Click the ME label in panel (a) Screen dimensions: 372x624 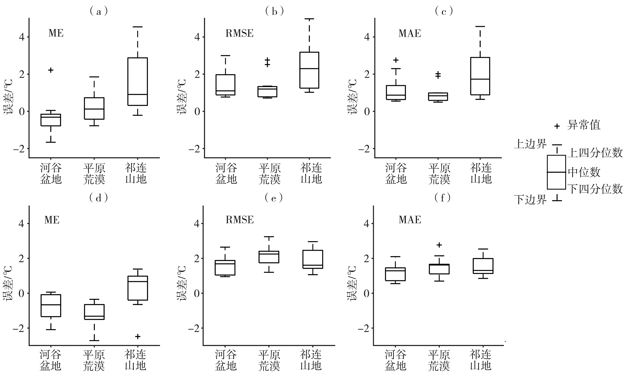click(56, 33)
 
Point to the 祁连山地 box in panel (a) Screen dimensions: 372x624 click(137, 81)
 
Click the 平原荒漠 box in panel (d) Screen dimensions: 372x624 click(94, 312)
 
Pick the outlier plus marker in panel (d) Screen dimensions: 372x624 click(138, 336)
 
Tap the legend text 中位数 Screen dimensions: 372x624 click(584, 172)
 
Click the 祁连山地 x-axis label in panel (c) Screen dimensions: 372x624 click(481, 173)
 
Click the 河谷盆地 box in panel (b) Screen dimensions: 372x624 click(226, 85)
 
